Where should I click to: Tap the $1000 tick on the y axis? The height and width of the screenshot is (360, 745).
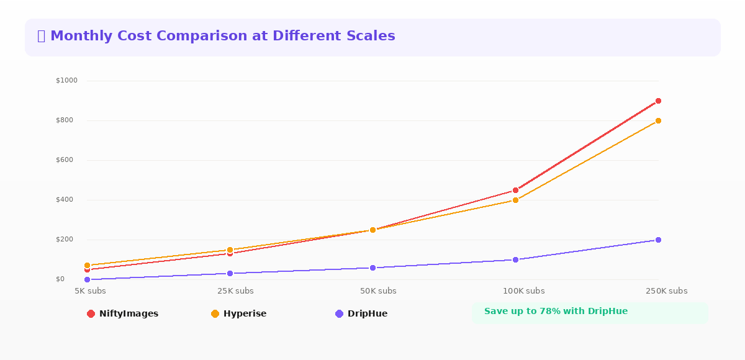(66, 81)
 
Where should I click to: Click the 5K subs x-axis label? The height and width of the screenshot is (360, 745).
(90, 291)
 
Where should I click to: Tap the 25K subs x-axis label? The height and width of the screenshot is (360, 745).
(235, 291)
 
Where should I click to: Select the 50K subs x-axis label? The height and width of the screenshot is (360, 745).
(378, 291)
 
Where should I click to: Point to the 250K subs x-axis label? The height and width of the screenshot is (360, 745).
(666, 291)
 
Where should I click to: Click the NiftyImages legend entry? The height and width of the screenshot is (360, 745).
(123, 314)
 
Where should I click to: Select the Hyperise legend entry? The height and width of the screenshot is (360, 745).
(239, 314)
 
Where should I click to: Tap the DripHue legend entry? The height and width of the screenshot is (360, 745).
(361, 314)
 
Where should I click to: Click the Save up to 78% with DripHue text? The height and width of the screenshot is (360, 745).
(556, 312)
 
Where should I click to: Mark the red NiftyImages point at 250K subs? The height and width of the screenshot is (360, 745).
(658, 101)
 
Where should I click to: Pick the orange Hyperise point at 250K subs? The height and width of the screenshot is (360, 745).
(658, 120)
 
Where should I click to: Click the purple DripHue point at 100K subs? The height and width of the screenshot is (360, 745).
(515, 259)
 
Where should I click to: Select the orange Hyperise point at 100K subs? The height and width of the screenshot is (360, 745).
(515, 200)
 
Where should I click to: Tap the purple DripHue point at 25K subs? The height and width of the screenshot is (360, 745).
(230, 273)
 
